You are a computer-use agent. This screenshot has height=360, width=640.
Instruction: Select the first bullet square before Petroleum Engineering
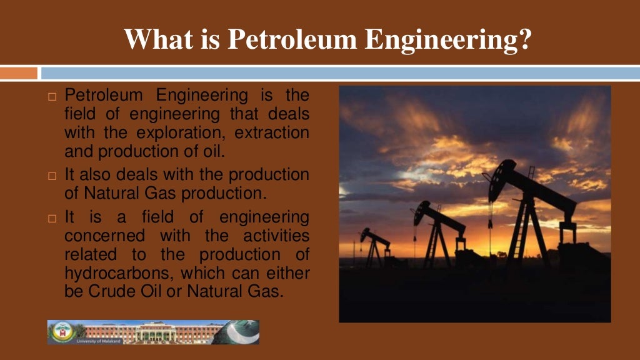[52, 97]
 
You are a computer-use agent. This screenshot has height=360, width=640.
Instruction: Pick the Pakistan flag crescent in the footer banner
[240, 331]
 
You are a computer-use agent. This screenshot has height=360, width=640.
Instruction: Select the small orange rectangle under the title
[19, 73]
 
